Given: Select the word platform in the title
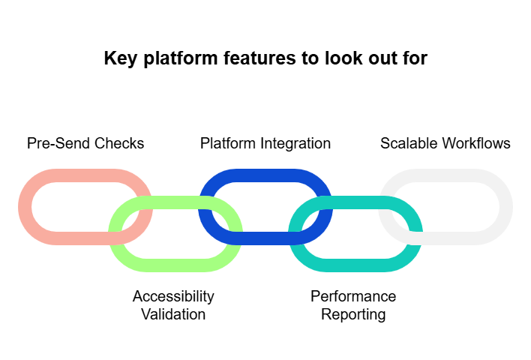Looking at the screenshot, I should tap(174, 58).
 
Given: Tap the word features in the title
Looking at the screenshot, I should tap(254, 58).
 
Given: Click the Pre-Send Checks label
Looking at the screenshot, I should tap(85, 143).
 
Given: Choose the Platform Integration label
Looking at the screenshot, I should tap(265, 143).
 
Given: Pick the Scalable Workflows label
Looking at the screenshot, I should tap(445, 143).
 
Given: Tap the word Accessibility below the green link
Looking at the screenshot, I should tap(173, 296).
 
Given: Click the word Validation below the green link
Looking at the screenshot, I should tap(173, 314).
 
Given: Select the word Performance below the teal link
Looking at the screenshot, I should tap(353, 296).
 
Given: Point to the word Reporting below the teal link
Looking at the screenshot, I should tap(353, 314).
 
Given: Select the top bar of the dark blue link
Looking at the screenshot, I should tap(265, 175).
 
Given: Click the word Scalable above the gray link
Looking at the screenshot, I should tap(409, 143).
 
